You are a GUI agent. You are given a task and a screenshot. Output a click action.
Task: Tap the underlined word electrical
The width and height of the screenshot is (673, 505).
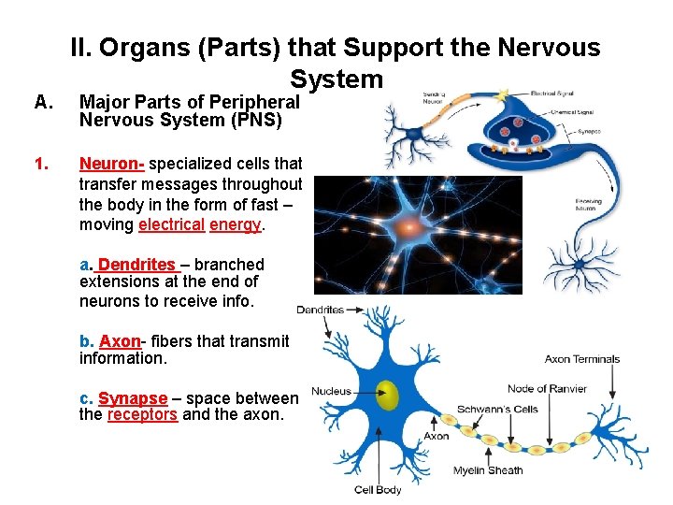coord(171,224)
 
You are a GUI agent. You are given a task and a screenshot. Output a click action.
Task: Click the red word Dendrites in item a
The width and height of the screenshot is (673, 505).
coord(136,265)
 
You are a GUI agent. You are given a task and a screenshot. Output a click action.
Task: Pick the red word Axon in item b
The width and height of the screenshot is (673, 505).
coord(120,341)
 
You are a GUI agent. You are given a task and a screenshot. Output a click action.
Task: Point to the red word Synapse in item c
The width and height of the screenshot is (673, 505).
coord(133,398)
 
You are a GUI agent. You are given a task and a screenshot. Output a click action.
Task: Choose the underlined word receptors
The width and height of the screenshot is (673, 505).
coord(142,414)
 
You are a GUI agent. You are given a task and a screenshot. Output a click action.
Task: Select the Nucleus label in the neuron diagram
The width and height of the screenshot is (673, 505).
coord(331,391)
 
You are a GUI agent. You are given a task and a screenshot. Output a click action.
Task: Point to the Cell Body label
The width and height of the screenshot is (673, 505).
coord(378,489)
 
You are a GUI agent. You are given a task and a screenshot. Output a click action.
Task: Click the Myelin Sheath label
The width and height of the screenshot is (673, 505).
coord(488,470)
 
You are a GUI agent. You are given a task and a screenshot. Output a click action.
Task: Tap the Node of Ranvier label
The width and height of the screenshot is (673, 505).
coord(547,389)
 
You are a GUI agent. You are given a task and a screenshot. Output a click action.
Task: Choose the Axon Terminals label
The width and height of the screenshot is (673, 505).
coord(581,359)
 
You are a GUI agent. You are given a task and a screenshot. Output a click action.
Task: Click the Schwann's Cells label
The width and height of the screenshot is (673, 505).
coord(497,410)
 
